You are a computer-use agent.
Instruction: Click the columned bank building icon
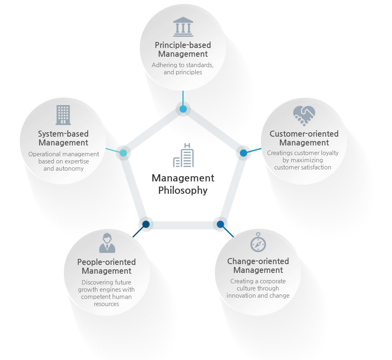[x=183, y=27]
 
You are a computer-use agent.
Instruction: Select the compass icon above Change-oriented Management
[x=258, y=242]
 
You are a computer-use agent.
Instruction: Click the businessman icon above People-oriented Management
[x=107, y=243]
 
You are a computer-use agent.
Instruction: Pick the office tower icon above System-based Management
[x=63, y=115]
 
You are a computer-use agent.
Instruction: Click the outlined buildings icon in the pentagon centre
[x=184, y=155]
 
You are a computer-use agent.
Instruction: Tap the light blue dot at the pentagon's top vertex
[x=183, y=109]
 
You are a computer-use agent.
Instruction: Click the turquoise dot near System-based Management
[x=123, y=153]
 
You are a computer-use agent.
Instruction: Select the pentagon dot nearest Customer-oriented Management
[x=244, y=153]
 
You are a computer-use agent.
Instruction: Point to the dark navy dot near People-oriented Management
[x=146, y=224]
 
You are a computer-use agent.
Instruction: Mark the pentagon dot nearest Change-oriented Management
[x=220, y=224]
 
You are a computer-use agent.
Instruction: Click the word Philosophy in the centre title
[x=183, y=191]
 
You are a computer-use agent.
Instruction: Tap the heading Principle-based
[x=183, y=45]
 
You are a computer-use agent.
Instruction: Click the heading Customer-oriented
[x=304, y=134]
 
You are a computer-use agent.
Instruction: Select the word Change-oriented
[x=258, y=261]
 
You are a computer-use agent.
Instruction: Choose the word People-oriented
[x=106, y=262]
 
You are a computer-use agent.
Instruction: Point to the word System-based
[x=63, y=134]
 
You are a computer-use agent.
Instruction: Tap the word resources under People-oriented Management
[x=106, y=304]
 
